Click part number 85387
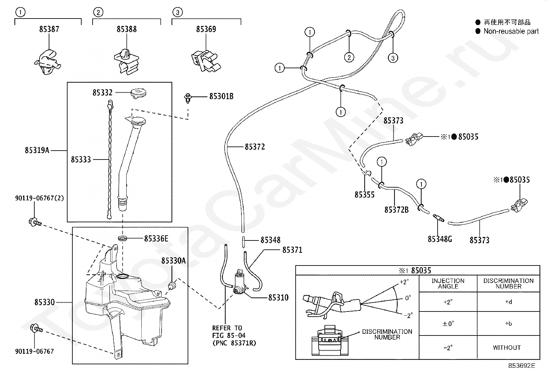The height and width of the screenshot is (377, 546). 49,29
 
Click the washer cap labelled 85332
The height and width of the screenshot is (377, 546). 139,93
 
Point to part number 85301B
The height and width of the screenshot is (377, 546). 221,96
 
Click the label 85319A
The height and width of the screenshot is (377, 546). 37,150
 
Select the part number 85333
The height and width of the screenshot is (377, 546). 81,160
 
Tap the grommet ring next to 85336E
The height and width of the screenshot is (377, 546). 122,238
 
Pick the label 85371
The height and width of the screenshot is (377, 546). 292,250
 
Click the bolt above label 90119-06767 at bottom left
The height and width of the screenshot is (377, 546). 37,328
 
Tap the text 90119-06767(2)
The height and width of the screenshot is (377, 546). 39,198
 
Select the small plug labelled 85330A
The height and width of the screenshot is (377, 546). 172,285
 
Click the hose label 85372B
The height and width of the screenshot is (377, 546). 396,210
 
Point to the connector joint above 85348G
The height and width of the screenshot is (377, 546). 439,218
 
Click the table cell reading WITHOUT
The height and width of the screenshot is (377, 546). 507,347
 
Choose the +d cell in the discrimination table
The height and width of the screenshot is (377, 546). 509,302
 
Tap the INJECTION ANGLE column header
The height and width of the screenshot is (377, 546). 448,284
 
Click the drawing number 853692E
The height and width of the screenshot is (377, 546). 522,366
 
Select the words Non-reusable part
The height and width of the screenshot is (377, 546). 511,31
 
